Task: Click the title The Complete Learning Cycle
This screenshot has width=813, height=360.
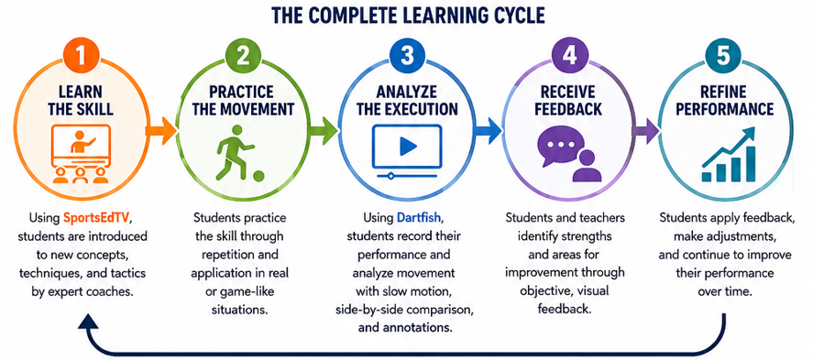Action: point(409,15)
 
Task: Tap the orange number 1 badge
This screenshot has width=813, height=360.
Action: point(80,57)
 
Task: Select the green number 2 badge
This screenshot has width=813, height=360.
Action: point(243,57)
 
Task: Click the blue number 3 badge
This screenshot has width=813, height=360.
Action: point(406,57)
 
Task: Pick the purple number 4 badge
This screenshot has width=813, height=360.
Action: point(571,57)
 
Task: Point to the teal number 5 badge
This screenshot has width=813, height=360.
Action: point(723,57)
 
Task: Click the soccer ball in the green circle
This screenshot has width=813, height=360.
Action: point(258,177)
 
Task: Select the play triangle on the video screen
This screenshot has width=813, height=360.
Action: point(408,147)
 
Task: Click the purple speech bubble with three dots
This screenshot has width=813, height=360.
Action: point(562,145)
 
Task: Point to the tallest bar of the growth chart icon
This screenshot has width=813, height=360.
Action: point(751,163)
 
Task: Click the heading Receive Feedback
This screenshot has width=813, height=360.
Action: point(571,101)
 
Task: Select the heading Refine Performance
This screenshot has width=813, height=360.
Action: point(722,101)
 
